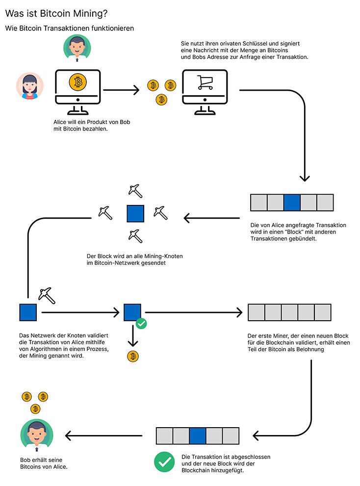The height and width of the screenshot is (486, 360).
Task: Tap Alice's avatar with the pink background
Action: click(30, 86)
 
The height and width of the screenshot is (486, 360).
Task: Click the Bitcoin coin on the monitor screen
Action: click(77, 82)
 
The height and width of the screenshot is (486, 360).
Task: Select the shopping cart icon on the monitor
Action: click(205, 82)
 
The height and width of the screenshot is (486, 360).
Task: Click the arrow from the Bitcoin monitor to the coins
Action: click(121, 90)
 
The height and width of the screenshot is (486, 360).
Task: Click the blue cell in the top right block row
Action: click(292, 202)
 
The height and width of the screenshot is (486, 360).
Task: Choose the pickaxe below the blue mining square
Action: click(135, 235)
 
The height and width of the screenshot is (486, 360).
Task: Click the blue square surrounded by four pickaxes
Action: click(135, 213)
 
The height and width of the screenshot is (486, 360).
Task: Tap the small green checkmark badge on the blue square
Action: click(141, 324)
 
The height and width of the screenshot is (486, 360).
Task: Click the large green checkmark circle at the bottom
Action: click(164, 462)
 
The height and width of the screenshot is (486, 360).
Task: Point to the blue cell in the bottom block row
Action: click(197, 435)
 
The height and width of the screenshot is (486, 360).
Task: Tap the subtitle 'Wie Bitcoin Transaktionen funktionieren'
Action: click(70, 28)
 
